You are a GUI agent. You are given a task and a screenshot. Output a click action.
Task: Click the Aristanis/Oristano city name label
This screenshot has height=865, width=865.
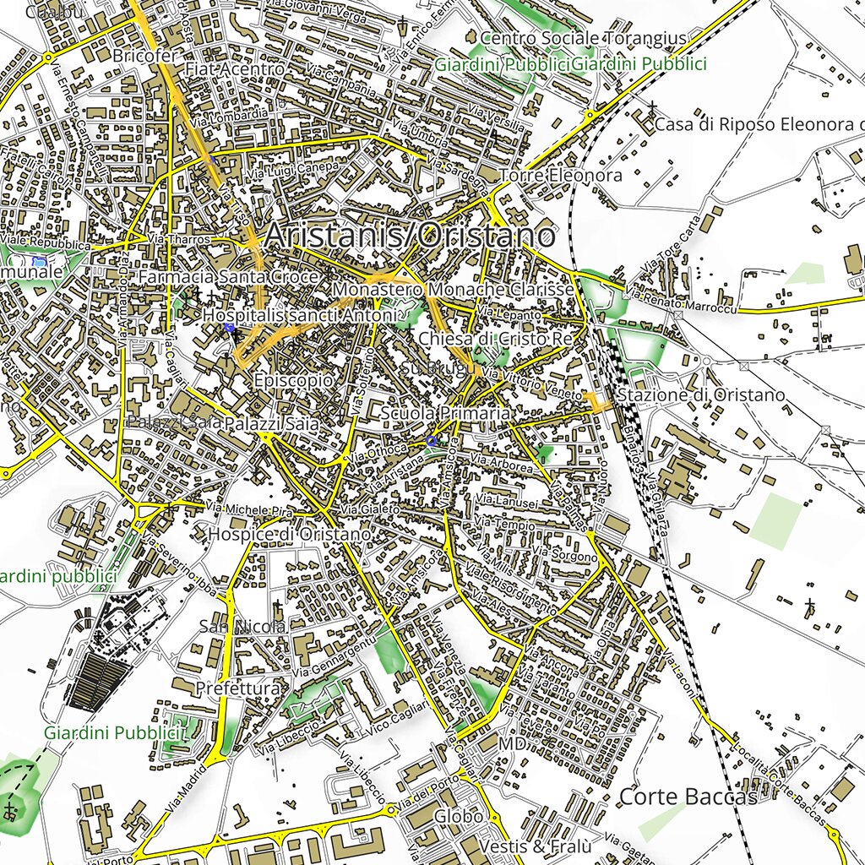click(x=411, y=235)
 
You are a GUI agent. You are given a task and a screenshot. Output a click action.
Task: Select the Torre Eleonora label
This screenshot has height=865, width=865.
click(x=560, y=176)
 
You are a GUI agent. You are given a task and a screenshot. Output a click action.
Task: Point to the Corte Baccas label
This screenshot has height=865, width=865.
click(x=688, y=797)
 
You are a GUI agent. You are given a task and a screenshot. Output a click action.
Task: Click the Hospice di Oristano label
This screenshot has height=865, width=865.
click(x=289, y=535)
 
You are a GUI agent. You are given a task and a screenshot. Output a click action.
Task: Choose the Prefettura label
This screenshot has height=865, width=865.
click(x=237, y=689)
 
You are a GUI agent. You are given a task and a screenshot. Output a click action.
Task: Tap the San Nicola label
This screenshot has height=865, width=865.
click(x=242, y=626)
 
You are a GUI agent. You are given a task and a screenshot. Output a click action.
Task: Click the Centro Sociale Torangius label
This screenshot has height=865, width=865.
click(x=583, y=39)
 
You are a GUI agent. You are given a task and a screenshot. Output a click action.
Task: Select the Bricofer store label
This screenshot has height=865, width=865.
click(x=145, y=56)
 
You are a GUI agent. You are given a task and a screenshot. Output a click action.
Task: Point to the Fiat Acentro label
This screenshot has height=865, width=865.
click(x=235, y=68)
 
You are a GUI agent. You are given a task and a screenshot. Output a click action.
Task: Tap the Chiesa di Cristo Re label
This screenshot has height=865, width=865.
click(x=496, y=339)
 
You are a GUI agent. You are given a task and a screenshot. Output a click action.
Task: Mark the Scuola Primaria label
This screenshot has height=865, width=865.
click(x=445, y=413)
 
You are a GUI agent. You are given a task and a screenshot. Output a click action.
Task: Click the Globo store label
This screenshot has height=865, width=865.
click(x=459, y=817)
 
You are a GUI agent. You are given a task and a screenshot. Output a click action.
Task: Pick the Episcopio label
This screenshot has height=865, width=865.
click(x=293, y=380)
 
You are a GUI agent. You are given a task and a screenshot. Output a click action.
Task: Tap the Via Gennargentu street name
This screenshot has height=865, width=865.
click(x=335, y=659)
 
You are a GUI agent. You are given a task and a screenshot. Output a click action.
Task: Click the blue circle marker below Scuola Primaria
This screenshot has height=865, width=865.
click(x=432, y=441)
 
